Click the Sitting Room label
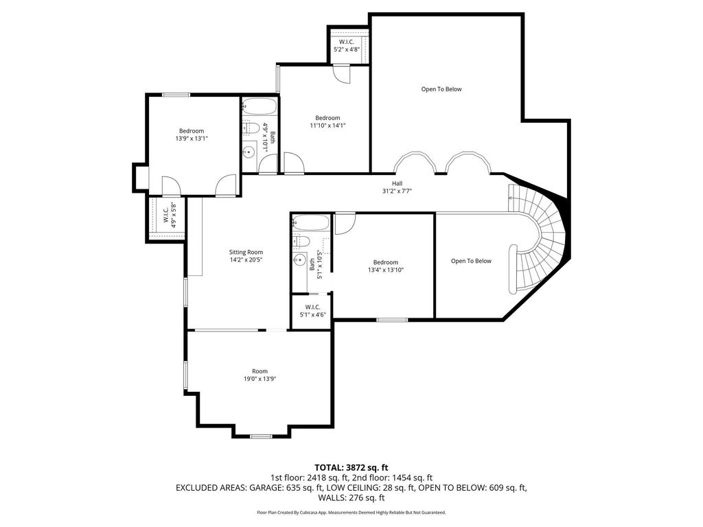pos(246,253)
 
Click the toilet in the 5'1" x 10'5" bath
pos(301,242)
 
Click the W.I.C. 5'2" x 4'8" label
pos(347,46)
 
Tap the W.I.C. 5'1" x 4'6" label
pos(312,311)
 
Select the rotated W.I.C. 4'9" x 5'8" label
pos(168,215)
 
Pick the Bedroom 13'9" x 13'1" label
pos(192,134)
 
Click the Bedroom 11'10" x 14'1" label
pos(327,121)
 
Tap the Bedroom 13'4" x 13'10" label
pos(386,266)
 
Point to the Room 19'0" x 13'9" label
pos(260,375)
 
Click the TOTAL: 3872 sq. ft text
pos(351,468)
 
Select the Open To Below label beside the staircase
pos(471,261)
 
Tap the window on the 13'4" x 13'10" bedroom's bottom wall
pos(392,320)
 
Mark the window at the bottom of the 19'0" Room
pos(260,436)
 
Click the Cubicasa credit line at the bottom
pos(351,512)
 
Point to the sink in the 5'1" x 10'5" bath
pos(299,259)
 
